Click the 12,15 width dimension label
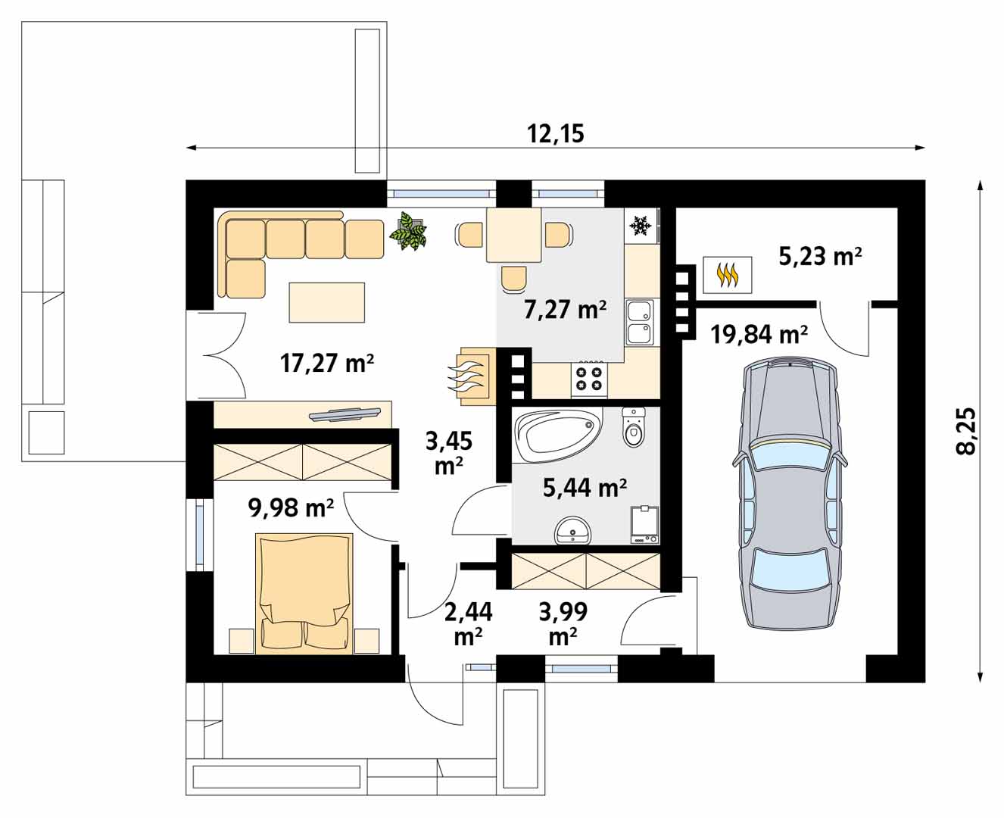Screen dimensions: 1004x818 point(556,134)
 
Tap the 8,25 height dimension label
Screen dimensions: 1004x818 point(965,431)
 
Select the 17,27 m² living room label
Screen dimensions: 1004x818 point(327,364)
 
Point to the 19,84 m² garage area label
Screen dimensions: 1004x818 point(759,334)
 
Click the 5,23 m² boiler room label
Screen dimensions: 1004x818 point(820,257)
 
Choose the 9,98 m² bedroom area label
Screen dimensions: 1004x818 point(291,507)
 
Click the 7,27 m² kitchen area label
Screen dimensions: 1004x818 point(565,310)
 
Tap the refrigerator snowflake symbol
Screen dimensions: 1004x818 point(640,226)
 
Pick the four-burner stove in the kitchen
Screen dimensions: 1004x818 point(589,379)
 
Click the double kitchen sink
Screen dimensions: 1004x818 point(640,323)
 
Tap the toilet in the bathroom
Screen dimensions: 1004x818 point(633,426)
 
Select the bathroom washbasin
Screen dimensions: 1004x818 point(572,532)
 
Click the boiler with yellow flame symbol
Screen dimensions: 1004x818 point(728,275)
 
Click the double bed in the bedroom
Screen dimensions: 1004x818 point(304,594)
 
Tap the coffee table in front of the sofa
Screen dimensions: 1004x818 point(326,302)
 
